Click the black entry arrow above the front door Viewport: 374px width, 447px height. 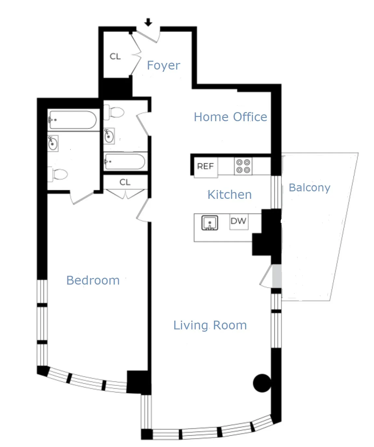coord(148,22)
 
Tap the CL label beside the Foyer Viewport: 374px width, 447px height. coord(115,57)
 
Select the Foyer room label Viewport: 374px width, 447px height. coord(163,65)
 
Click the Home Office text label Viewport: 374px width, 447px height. coord(230,117)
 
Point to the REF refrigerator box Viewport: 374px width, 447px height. coord(206,167)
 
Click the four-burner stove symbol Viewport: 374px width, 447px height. coord(243,166)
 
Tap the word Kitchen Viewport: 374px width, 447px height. coord(230,195)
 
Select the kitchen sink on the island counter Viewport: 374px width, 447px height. coord(210,223)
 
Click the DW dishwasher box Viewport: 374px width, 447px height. coord(238,221)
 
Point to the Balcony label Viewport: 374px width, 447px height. coord(309,187)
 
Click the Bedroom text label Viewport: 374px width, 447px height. coord(93,280)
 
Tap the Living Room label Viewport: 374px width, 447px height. coord(210,325)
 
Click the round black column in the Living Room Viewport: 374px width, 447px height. coord(262,383)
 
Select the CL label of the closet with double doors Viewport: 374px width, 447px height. coord(125,182)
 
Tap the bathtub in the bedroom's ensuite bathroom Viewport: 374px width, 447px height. coord(72,120)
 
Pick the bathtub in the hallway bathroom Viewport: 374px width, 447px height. coord(125,161)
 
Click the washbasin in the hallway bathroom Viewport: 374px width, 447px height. coord(109,136)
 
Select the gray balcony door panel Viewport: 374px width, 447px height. coord(276,276)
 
